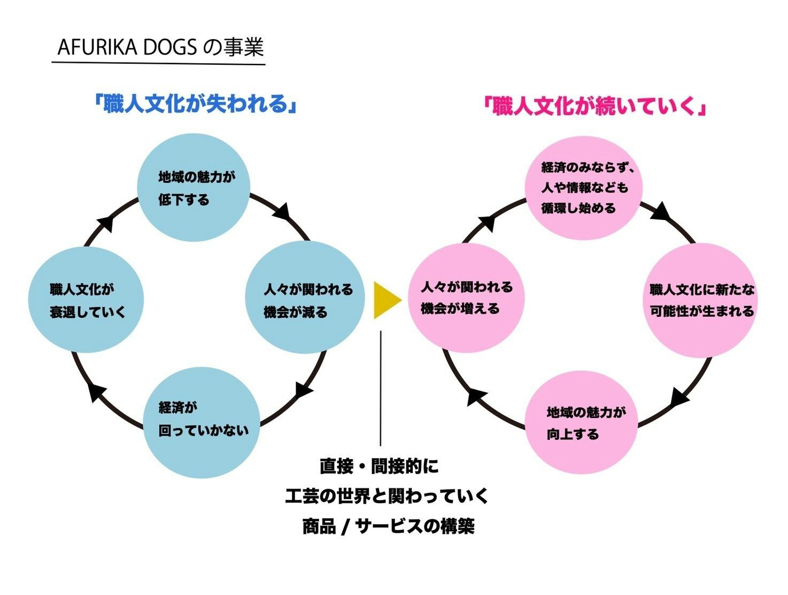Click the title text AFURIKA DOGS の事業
click(x=160, y=48)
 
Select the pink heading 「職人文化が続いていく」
click(x=594, y=106)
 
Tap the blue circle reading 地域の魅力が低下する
click(x=194, y=188)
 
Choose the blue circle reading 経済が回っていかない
click(x=202, y=422)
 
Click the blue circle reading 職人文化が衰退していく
click(x=86, y=300)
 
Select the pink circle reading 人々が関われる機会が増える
click(x=466, y=298)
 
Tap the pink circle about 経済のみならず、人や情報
click(x=584, y=188)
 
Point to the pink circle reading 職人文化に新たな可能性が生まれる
click(x=701, y=300)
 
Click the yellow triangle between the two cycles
click(x=386, y=300)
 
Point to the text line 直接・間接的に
click(x=379, y=466)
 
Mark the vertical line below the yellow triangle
click(x=381, y=388)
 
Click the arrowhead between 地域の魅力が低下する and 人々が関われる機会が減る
click(x=282, y=212)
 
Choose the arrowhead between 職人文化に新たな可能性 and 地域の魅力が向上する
click(x=679, y=397)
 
